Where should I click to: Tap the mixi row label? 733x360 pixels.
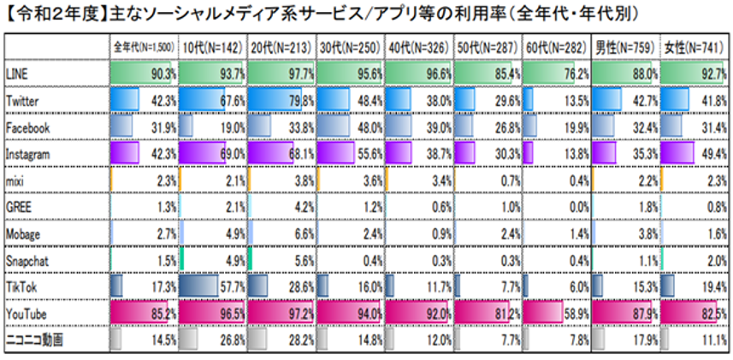(x=14, y=180)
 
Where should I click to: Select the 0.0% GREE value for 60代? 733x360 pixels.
(x=577, y=207)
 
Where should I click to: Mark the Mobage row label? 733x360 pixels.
(x=21, y=233)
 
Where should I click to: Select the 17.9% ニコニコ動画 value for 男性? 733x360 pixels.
(x=644, y=340)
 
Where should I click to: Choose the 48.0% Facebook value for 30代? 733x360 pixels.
(x=369, y=127)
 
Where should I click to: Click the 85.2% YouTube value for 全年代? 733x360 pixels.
(x=163, y=314)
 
